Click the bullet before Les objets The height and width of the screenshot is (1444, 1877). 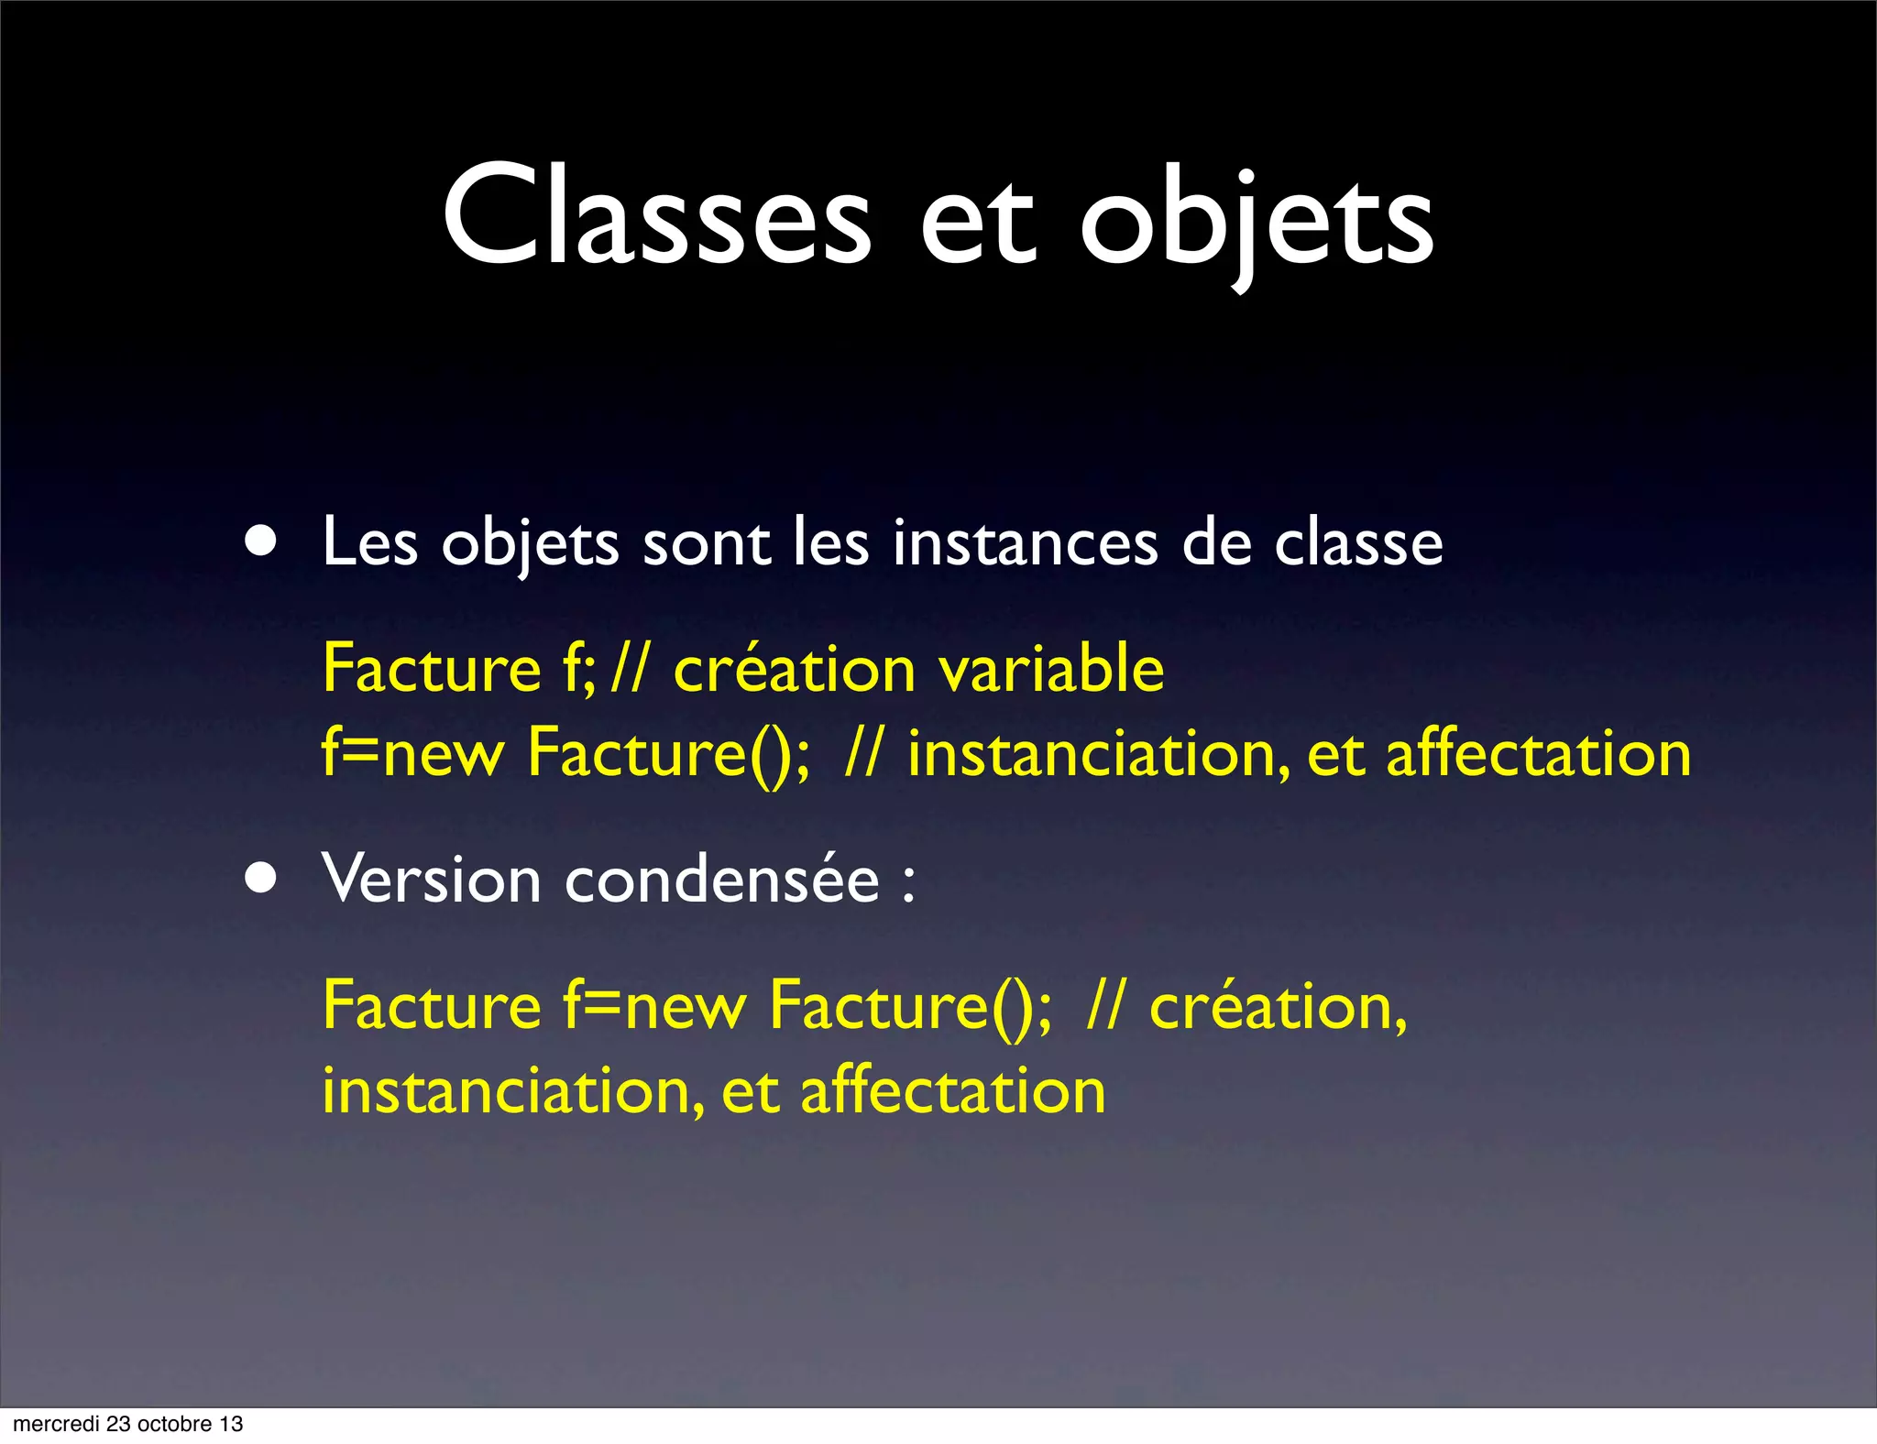coord(261,541)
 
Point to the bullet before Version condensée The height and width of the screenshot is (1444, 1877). coord(261,878)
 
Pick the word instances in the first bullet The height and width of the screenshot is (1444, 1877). coord(1025,542)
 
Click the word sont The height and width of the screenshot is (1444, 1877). coord(706,544)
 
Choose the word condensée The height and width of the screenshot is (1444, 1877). coord(721,878)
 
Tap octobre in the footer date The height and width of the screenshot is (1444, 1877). coord(174,1424)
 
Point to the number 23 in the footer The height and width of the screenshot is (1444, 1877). coord(118,1424)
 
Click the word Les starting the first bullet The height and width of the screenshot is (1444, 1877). coord(369,542)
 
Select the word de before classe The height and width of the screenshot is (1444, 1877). coord(1216,542)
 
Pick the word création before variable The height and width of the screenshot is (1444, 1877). coord(794,668)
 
